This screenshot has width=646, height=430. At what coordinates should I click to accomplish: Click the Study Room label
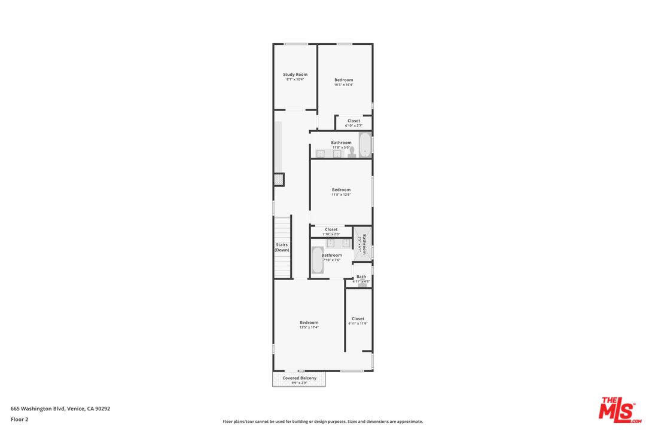coord(295,75)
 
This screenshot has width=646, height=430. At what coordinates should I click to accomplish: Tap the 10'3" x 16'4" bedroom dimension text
coord(343,85)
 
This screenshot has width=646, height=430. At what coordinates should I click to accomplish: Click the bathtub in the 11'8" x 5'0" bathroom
coord(365,145)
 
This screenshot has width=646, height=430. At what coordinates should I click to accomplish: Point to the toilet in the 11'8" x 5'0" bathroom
coord(352,153)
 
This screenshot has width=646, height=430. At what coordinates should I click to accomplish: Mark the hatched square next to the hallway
coord(279,179)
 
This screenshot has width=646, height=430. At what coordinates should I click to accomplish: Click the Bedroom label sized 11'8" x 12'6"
coord(341,190)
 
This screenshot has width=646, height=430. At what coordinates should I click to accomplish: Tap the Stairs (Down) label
coord(282,247)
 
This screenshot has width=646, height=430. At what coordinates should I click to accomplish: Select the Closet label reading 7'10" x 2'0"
coord(331,229)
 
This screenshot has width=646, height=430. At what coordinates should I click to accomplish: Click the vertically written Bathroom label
coord(364,244)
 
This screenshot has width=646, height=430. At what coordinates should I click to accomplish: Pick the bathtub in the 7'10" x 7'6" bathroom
coord(317,260)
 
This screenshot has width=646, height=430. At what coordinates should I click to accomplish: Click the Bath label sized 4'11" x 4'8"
coord(361,277)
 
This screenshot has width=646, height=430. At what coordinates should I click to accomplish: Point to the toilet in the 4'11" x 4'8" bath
coord(362,285)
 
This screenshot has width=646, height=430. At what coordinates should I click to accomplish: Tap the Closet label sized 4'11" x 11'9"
coord(358,319)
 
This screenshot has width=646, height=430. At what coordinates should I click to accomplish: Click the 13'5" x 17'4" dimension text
coord(309,327)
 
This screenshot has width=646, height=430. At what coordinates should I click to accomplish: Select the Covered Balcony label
coord(299,378)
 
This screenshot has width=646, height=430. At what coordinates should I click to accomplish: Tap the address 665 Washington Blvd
coord(60,409)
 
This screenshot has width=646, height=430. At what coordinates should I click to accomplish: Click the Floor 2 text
coord(19,419)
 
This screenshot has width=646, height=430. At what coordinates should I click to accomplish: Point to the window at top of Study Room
coord(295,44)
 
